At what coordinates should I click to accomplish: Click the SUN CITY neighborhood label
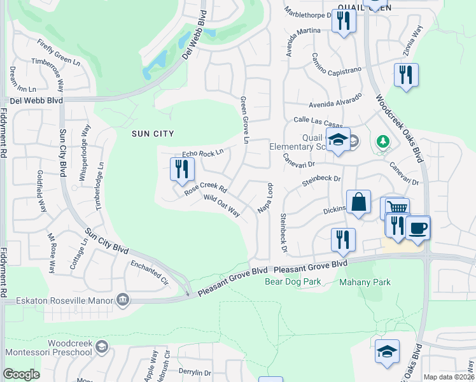152,133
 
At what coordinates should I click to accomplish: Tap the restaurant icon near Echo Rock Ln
182,169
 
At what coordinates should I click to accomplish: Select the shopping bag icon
359,202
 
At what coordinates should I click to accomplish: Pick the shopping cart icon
397,208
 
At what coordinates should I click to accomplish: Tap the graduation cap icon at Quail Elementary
338,140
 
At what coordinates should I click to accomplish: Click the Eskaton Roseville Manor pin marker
123,299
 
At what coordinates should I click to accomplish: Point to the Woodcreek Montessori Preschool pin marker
102,347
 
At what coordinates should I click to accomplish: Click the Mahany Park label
365,281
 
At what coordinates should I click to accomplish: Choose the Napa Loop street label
265,199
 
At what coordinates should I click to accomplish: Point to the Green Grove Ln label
243,120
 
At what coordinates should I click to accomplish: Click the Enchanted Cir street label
150,269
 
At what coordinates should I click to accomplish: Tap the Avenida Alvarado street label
335,101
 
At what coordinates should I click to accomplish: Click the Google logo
21,374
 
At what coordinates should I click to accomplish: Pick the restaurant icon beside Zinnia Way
405,74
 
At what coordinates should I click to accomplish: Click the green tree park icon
383,141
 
